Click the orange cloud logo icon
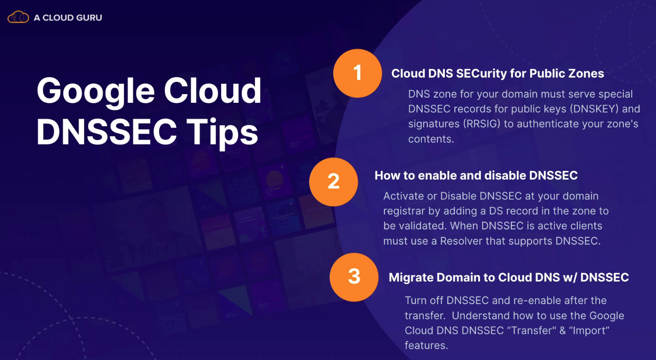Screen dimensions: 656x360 point(18,17)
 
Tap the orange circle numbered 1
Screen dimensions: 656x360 point(357,73)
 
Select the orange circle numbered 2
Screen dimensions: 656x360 point(333,182)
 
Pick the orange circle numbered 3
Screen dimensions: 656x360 point(354,277)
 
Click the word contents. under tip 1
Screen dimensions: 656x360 point(431,139)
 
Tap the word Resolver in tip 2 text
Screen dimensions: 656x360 point(461,241)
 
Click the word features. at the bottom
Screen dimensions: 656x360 point(426,345)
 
